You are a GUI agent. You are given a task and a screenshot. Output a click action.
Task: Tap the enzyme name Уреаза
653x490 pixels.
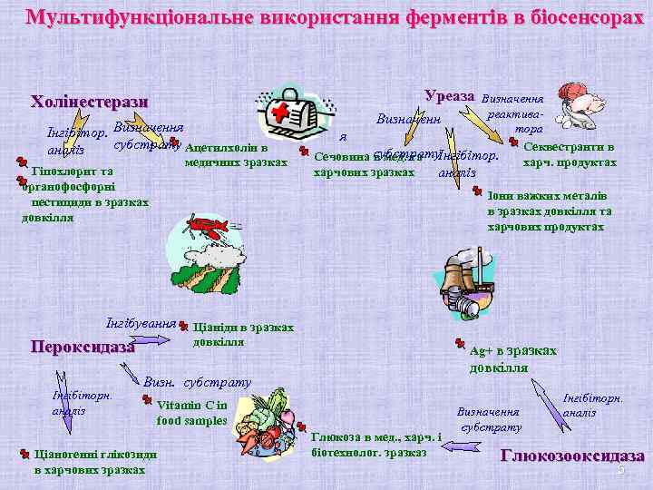pyautogui.click(x=449, y=95)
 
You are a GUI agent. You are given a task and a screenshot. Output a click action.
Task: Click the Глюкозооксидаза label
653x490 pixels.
pyautogui.click(x=572, y=456)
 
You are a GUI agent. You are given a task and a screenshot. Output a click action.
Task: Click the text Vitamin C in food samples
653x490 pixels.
pyautogui.click(x=191, y=413)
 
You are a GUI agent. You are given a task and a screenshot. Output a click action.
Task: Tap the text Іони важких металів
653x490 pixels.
pyautogui.click(x=546, y=195)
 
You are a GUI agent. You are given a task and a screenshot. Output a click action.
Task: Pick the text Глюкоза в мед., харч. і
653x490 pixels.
pyautogui.click(x=375, y=437)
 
